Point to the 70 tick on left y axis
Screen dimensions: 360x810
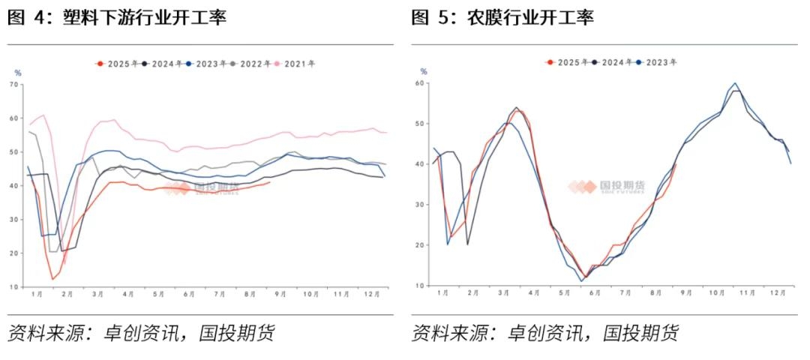pos(14,85)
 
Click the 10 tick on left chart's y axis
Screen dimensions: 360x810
pos(14,286)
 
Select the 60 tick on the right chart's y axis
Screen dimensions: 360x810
pos(422,82)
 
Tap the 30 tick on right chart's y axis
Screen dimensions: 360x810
pos(422,205)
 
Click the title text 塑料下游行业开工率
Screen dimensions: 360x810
pos(143,18)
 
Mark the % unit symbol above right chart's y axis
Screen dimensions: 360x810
pos(423,72)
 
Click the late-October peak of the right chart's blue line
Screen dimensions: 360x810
pos(734,83)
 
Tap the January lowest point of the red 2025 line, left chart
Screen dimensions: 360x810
pos(52,279)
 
